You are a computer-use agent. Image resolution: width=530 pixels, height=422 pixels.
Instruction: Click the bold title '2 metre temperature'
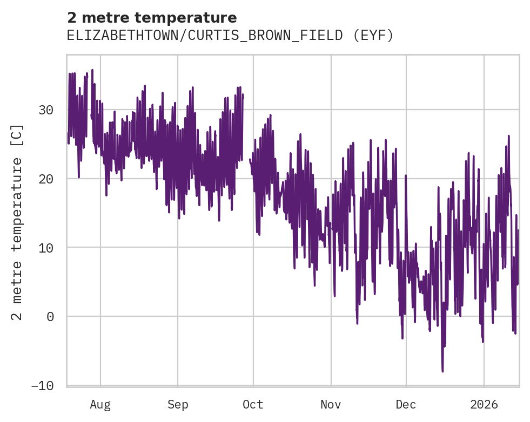(152, 17)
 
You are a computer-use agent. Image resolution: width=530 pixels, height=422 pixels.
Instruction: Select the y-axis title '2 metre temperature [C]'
(17, 222)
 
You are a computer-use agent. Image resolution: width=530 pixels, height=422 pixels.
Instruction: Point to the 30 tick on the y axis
(46, 110)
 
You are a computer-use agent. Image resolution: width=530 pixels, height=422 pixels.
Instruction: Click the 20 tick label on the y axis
(46, 179)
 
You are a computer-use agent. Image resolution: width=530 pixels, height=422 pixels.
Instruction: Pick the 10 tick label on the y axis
(46, 248)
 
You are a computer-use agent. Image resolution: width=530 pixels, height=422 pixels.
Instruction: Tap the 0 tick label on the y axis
(50, 316)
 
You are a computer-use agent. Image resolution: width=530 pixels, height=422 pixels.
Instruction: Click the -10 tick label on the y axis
(43, 385)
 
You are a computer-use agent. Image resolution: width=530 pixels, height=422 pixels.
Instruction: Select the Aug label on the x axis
(100, 405)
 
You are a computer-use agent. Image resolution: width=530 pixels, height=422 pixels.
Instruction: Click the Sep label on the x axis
(178, 405)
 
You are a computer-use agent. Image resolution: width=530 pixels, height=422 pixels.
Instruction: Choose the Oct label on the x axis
(253, 405)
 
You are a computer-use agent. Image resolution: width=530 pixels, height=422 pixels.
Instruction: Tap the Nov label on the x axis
(331, 405)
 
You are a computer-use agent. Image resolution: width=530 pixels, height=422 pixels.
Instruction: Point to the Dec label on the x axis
(406, 405)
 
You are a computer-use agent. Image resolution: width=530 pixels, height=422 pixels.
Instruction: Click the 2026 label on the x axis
(484, 405)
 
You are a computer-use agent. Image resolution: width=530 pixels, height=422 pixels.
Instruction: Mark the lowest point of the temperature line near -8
(442, 371)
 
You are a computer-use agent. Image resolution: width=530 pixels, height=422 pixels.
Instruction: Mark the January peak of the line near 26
(508, 136)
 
